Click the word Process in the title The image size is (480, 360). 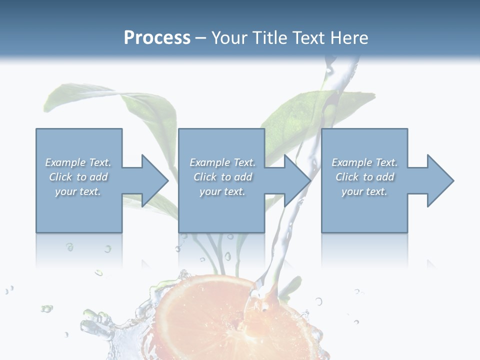(x=157, y=38)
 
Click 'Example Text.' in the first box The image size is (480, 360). (x=78, y=162)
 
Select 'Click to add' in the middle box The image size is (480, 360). (x=222, y=177)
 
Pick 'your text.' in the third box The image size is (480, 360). (x=364, y=191)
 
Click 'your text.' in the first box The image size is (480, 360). (x=78, y=191)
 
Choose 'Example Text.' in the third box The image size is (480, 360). (x=364, y=162)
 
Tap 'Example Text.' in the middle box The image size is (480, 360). (x=222, y=162)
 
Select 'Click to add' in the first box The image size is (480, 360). (x=78, y=177)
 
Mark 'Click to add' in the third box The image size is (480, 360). (x=364, y=177)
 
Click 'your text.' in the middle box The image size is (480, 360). (x=222, y=191)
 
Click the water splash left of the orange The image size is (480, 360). (x=102, y=327)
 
